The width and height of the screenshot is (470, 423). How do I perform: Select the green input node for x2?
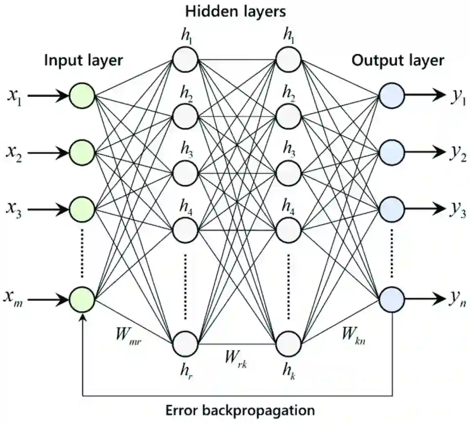(x=82, y=153)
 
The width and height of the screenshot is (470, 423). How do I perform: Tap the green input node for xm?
(x=82, y=298)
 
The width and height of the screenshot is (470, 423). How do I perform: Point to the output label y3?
(x=457, y=211)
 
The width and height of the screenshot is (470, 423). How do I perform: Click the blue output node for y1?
(x=392, y=95)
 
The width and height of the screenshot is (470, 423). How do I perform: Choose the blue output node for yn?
(x=392, y=298)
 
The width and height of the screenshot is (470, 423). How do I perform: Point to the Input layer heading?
(x=84, y=60)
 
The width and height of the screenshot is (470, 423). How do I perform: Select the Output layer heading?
(x=398, y=60)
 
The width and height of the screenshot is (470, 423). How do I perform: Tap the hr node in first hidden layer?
(x=184, y=344)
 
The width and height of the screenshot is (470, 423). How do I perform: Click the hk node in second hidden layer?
(x=288, y=344)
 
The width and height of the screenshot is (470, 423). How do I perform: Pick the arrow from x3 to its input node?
(x=48, y=210)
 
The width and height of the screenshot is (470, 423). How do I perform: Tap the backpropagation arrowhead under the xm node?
(x=85, y=317)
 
